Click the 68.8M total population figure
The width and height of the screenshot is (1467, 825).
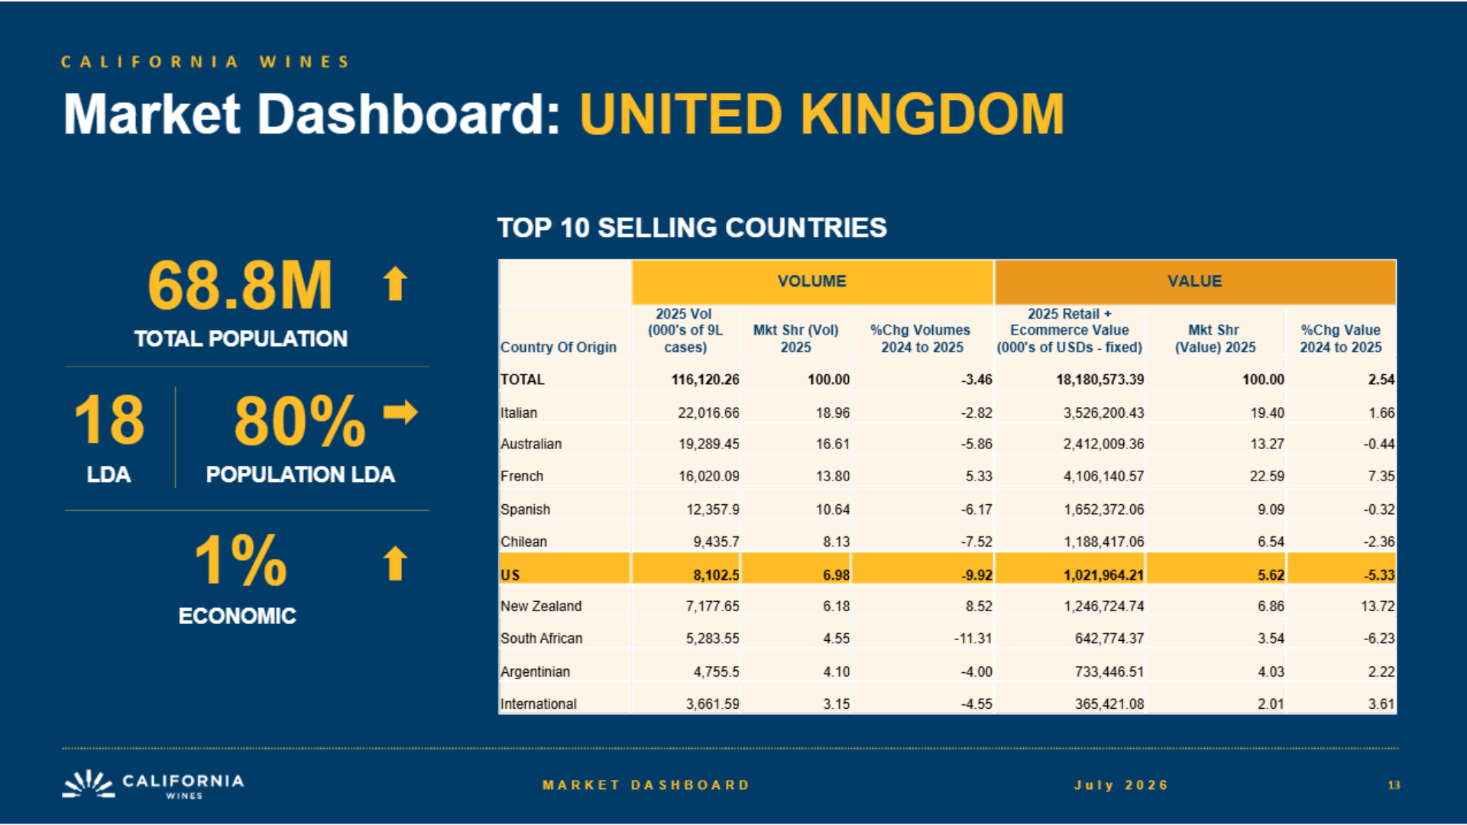(240, 285)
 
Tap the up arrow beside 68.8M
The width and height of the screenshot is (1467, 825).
(395, 283)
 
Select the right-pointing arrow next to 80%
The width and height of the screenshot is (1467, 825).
(400, 412)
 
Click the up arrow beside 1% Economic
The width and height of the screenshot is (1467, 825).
(395, 563)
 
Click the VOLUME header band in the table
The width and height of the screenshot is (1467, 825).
(812, 282)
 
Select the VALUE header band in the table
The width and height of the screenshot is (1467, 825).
(1195, 282)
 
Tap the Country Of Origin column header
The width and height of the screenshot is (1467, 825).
(559, 348)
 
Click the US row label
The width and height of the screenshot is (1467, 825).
(510, 575)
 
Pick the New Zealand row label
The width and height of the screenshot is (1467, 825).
(541, 607)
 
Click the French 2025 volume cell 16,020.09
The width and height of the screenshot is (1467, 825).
(709, 477)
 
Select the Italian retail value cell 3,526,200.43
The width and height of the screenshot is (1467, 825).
(1104, 413)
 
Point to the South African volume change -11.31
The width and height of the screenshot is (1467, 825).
(973, 639)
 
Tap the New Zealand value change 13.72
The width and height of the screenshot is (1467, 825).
(1378, 607)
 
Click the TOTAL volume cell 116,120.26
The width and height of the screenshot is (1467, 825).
(705, 380)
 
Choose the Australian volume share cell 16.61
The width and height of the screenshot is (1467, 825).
(833, 445)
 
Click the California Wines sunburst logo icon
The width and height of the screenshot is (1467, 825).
(89, 785)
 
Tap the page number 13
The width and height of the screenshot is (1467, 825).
(1394, 785)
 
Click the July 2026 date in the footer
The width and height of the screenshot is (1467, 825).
(1122, 785)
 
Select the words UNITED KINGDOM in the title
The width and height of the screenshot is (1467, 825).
(822, 115)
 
